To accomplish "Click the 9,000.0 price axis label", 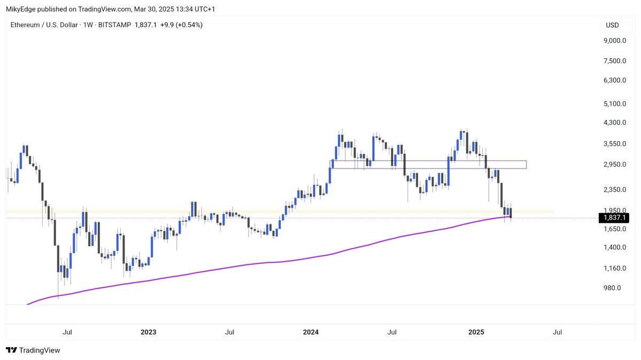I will point(615,41).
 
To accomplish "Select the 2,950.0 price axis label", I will point(615,165).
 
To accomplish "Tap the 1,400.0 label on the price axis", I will point(615,247).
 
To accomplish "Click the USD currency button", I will point(612,25).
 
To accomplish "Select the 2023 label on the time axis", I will point(148,332).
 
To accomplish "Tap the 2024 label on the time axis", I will point(310,332).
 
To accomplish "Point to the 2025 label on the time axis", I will point(475,332).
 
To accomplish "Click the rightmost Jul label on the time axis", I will point(557,332).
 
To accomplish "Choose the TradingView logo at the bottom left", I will point(33,350).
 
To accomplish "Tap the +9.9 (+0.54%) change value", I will point(182,25).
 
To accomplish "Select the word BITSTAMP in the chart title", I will point(115,25).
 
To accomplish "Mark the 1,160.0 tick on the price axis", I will point(615,268).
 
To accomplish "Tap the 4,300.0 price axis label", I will point(615,123).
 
